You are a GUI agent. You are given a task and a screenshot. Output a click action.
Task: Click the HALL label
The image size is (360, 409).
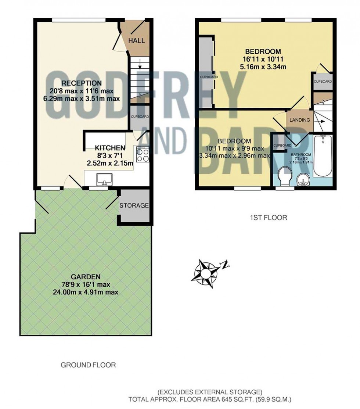[136, 41]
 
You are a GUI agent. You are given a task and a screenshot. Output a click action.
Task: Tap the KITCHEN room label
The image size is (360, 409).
[110, 148]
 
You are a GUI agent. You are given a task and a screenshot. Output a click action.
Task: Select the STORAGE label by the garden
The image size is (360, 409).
[134, 205]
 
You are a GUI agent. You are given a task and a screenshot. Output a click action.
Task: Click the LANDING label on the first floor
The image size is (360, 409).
[300, 120]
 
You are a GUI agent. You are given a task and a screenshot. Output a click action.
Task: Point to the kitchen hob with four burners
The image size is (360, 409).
[142, 155]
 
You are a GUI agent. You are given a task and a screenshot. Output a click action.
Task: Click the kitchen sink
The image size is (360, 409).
[104, 179]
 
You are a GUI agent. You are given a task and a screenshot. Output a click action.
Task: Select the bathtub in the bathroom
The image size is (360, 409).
[323, 156]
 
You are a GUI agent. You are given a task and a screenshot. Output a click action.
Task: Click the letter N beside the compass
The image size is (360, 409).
[225, 265]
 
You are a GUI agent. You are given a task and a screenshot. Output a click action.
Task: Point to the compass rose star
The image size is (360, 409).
[205, 274]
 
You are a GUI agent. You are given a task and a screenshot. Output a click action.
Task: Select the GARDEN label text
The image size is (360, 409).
[86, 277]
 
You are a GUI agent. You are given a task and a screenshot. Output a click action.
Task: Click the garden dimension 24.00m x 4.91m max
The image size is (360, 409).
[86, 292]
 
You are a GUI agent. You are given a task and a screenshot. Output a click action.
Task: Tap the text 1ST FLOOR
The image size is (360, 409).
[269, 218]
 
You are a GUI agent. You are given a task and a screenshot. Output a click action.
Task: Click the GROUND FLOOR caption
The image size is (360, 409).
[88, 365]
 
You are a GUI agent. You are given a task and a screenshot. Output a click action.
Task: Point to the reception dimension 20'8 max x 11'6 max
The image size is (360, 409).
[82, 91]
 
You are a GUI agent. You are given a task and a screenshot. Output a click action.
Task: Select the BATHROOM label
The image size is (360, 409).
[301, 155]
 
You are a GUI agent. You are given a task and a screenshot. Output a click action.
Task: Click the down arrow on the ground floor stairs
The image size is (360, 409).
[140, 64]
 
